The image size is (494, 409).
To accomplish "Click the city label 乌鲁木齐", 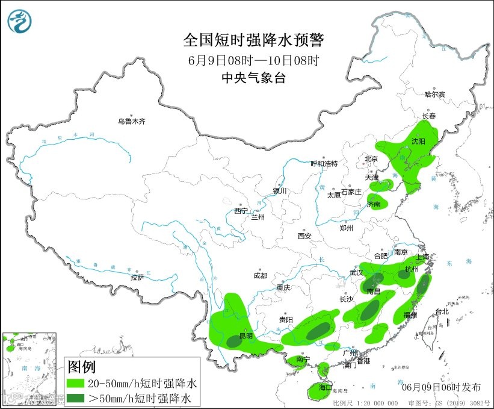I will pos(132,121).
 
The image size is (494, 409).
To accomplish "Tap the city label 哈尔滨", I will pos(434,95).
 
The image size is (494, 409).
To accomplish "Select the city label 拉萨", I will pos(137,278).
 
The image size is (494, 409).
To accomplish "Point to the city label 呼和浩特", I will pos(324,164).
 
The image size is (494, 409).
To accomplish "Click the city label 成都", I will pos(260,275).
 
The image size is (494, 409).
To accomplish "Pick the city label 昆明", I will pos(247,336).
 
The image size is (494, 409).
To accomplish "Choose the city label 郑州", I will pos(347,228).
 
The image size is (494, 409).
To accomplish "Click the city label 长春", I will pos(428,116).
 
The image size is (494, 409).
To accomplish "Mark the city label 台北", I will pos(442,311).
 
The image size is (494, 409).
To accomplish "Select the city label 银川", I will pos(280,190).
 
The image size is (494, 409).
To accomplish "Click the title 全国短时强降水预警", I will pos(253,40).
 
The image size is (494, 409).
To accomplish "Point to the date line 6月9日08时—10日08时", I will pos(253,60).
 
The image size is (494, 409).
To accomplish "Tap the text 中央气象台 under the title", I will pos(253,77).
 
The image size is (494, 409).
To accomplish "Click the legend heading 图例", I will pos(81,366).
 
